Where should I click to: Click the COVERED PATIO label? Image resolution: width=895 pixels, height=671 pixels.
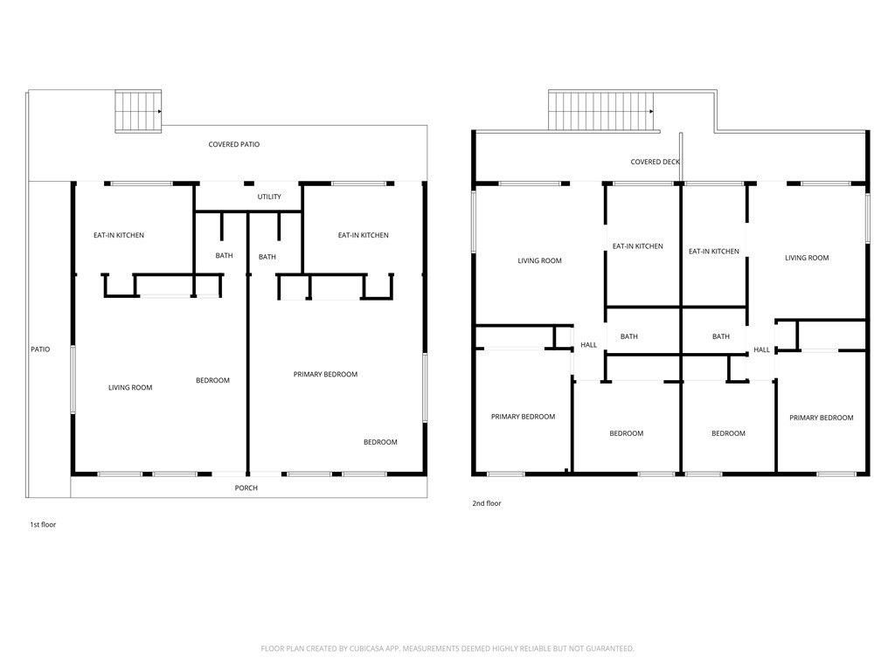point(234,144)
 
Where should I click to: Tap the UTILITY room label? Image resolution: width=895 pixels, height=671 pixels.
point(269,197)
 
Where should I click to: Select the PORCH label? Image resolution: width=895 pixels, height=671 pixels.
point(246,488)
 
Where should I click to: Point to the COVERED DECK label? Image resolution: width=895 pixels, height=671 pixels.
point(656,162)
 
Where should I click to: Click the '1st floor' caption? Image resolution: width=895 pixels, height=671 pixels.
point(43,524)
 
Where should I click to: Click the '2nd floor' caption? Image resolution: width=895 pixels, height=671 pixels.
point(486,503)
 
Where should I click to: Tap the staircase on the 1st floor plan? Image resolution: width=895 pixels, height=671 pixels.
point(138,111)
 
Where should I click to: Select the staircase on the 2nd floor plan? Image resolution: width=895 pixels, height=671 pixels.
point(601,111)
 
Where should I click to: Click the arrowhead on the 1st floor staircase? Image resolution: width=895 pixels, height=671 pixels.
point(160,111)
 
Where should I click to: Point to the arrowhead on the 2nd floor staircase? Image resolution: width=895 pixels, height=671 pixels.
point(651,111)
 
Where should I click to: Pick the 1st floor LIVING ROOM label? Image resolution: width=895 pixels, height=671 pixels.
point(130,387)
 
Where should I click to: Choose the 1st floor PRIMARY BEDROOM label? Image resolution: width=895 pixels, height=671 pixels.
point(325,374)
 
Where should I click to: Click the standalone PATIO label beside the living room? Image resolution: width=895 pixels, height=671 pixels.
point(40,349)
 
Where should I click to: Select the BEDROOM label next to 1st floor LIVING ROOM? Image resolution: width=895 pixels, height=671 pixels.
point(213,381)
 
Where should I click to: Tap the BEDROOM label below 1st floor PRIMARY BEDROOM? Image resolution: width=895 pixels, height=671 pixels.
point(381,442)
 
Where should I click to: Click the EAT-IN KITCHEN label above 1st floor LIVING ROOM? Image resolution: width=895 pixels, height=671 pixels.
point(119,235)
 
